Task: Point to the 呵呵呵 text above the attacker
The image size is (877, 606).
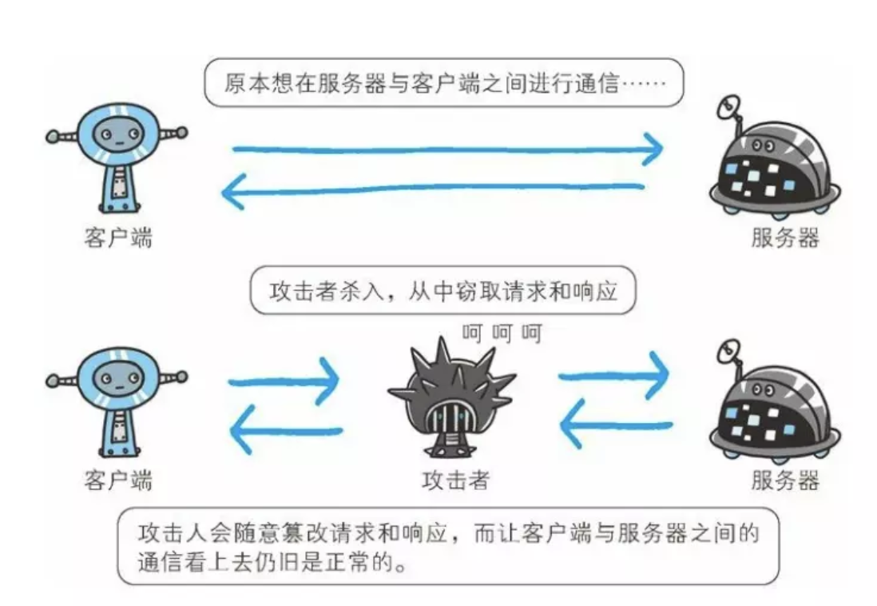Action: click(x=502, y=331)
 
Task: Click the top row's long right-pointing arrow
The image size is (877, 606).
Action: click(x=447, y=149)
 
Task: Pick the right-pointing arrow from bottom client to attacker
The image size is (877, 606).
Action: click(x=284, y=381)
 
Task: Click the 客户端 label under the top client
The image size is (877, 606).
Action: click(x=117, y=237)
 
